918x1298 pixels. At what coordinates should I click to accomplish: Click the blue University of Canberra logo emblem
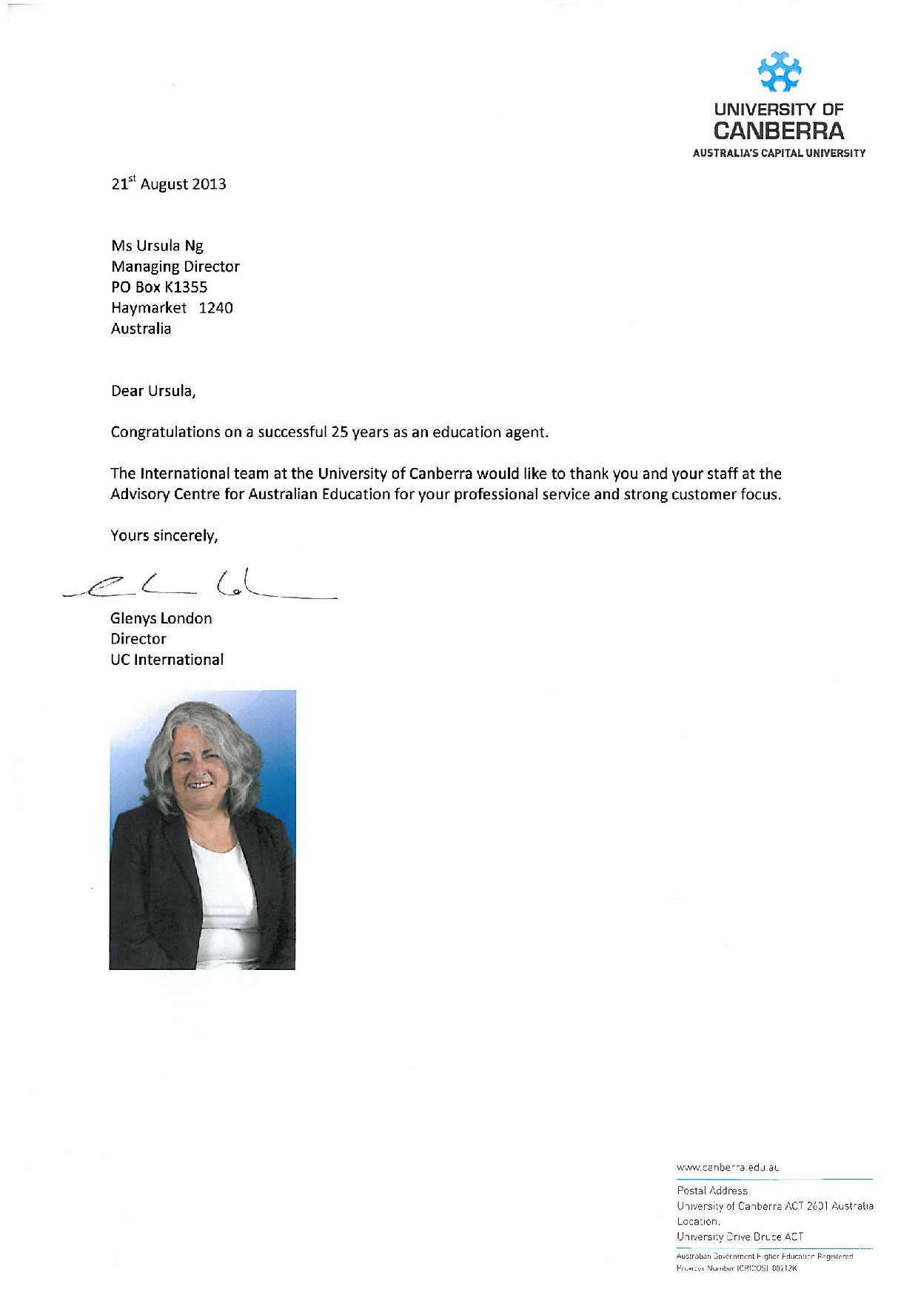779,73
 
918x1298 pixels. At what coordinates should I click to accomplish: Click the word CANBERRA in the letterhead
778,132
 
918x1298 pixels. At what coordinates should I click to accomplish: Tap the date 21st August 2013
169,184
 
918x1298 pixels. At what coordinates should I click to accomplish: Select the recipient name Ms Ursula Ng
157,246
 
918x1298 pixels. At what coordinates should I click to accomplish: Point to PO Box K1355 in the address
159,287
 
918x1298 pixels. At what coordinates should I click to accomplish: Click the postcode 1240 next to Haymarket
215,308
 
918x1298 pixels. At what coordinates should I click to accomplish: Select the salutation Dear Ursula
153,391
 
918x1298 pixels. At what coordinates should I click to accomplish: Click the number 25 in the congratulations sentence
340,432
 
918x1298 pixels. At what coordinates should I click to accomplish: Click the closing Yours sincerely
164,535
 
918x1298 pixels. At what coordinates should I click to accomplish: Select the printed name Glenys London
161,618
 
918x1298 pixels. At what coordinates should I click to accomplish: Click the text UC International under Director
167,660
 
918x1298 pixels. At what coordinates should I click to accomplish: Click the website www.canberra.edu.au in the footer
728,1168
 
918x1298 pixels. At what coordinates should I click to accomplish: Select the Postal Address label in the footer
712,1191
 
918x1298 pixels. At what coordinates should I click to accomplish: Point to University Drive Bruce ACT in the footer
740,1237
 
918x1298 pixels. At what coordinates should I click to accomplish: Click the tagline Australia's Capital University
779,153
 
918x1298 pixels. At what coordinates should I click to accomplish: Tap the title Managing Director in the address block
175,267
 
